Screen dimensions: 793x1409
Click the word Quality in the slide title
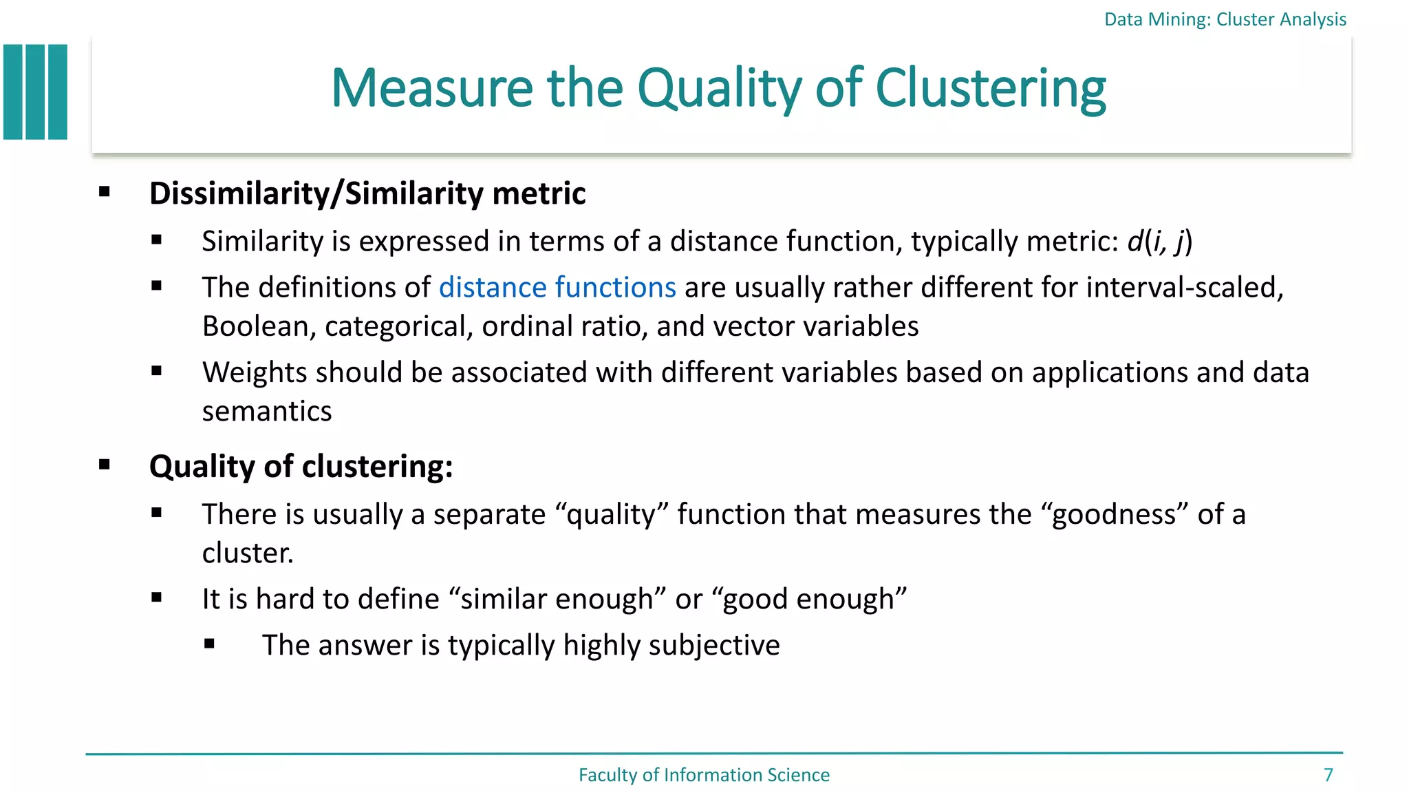(720, 89)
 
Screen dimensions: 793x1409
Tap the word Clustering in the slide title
(990, 89)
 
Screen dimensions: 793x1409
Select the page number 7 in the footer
(1329, 775)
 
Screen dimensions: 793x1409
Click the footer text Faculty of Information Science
(704, 775)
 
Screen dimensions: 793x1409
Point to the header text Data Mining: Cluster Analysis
(1225, 19)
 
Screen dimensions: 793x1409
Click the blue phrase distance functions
(557, 287)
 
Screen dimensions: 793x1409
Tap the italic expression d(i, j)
(1159, 242)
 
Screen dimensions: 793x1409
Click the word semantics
(267, 412)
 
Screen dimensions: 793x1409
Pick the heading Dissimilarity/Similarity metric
(367, 193)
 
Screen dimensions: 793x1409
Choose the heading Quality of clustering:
(301, 467)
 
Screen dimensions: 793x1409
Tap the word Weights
(255, 372)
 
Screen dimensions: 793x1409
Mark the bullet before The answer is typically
(210, 644)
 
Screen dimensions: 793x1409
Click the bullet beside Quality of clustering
(105, 465)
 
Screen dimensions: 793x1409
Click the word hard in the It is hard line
(284, 599)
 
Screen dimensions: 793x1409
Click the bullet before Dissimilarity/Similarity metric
(105, 192)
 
